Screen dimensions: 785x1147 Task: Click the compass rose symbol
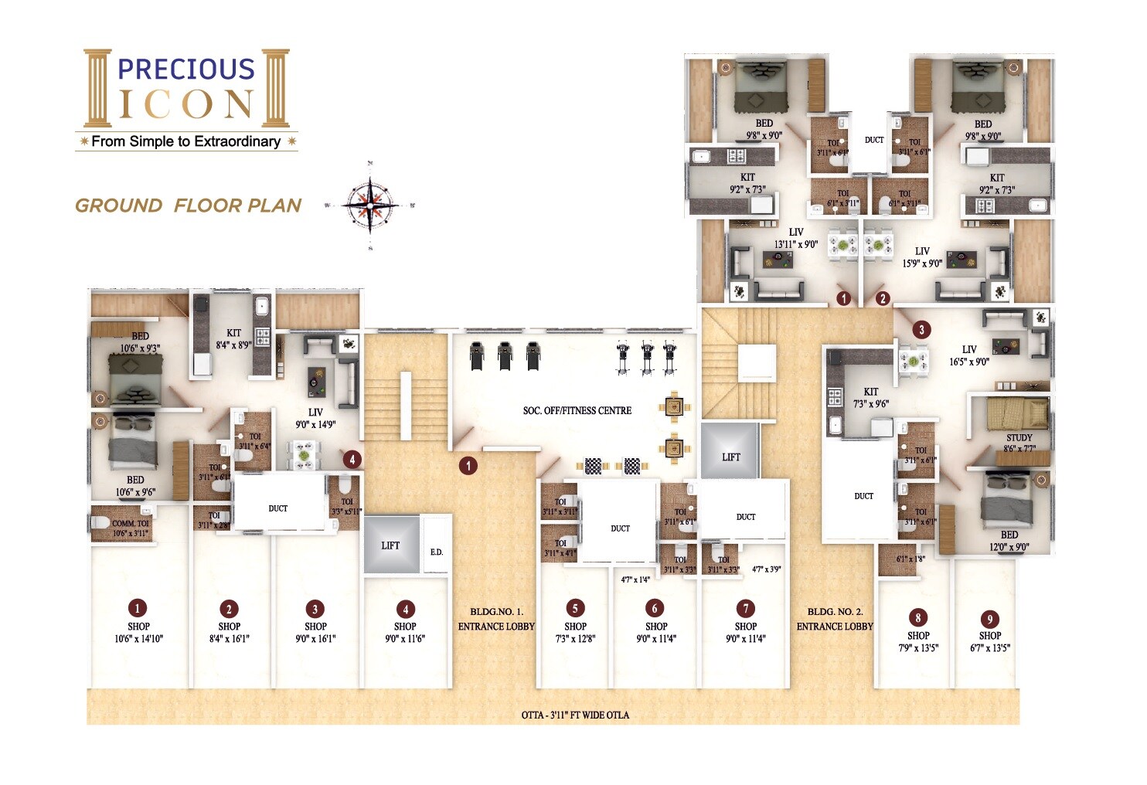[370, 206]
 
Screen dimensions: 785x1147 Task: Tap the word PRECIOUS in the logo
[185, 70]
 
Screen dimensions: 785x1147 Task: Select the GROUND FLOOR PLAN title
[188, 206]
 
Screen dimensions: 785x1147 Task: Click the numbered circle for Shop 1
[138, 608]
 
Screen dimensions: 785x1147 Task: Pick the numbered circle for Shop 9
[989, 619]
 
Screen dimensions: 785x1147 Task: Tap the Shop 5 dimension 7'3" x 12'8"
[575, 639]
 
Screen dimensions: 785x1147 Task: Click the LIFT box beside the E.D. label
[391, 545]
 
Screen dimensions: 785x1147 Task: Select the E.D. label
[437, 552]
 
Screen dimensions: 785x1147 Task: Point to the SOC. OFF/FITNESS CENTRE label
[577, 411]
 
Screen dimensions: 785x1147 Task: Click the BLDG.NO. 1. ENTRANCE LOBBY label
[496, 619]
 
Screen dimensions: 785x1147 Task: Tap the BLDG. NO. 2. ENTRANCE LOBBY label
[835, 619]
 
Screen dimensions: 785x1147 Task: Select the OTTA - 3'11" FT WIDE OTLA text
[575, 715]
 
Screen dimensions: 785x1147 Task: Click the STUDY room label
[1019, 438]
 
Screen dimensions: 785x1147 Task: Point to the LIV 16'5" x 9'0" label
[969, 355]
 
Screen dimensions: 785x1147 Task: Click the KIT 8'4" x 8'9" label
[233, 339]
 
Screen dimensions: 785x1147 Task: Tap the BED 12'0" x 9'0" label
[1009, 541]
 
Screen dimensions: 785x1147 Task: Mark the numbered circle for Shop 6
[655, 608]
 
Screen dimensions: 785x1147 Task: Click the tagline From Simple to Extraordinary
[185, 141]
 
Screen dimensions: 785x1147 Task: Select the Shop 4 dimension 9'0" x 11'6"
[405, 639]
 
